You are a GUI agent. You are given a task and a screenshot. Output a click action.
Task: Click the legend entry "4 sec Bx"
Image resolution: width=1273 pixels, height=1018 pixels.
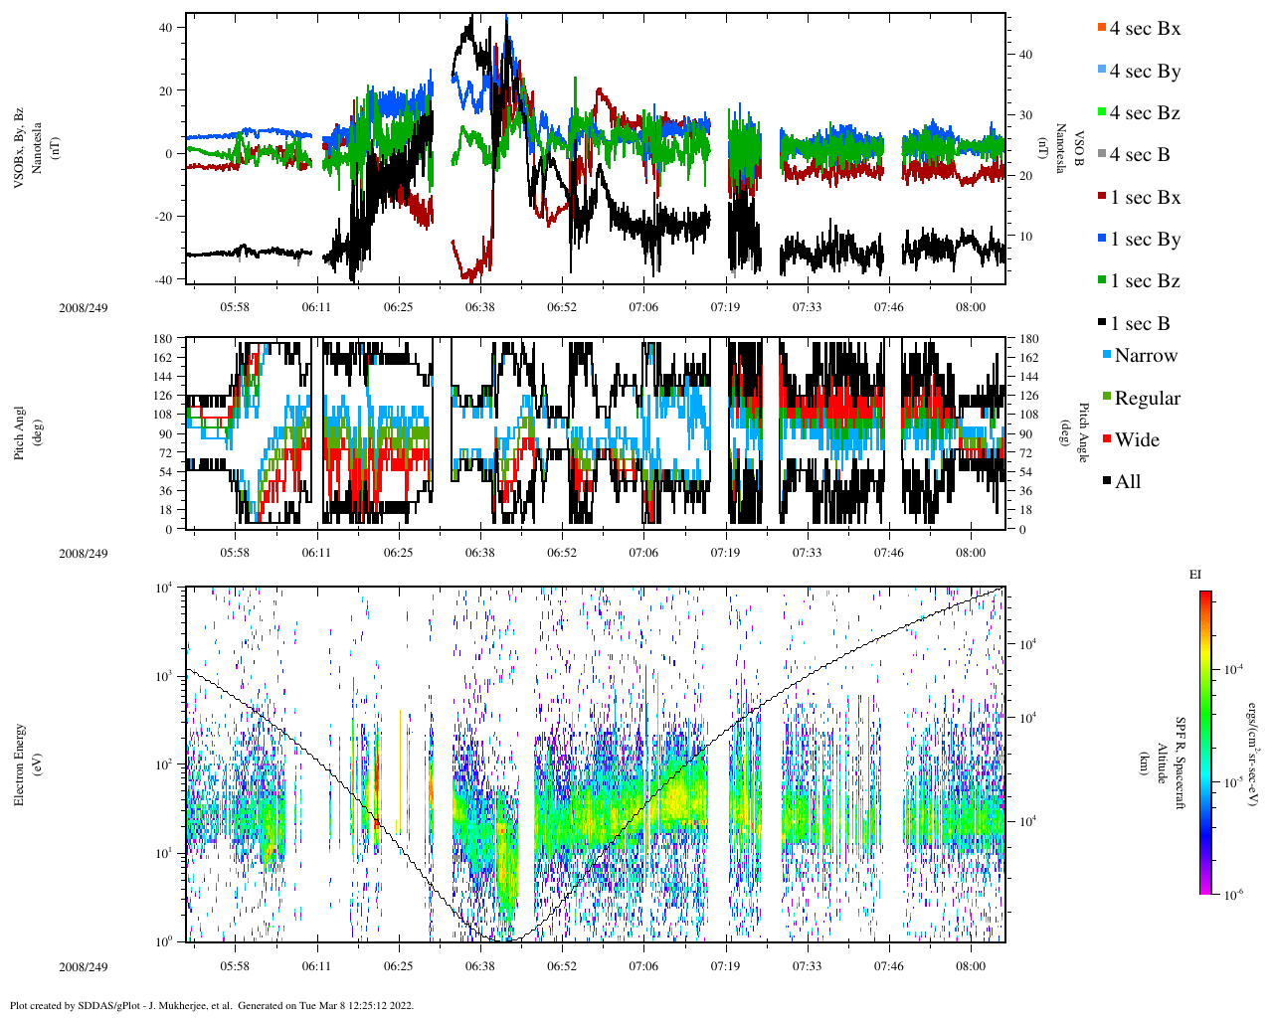coord(1144,29)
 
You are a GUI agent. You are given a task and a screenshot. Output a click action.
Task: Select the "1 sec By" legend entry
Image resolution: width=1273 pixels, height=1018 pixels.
coord(1144,240)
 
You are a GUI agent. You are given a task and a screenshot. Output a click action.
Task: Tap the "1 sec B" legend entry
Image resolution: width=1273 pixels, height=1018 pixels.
coord(1140,324)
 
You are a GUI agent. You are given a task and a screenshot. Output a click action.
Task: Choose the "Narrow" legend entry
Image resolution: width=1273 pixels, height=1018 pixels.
coord(1145,356)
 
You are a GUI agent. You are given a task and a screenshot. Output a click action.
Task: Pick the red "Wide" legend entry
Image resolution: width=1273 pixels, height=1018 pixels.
coord(1136,440)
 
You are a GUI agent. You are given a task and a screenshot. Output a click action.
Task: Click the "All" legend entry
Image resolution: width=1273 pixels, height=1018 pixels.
coord(1127,482)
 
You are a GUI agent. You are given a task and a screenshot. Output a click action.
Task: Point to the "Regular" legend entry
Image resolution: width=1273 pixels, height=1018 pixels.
coord(1147,399)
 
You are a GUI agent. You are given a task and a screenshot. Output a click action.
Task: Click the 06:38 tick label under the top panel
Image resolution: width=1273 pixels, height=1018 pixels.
coord(479,307)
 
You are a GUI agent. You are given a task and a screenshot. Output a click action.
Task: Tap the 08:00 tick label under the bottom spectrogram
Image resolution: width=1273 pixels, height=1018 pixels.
coord(971,965)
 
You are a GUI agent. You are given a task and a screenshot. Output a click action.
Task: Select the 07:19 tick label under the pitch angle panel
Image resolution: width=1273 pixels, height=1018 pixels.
coord(725,553)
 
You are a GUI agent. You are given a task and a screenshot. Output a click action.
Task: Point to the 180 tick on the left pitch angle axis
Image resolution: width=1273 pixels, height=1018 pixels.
coord(163,339)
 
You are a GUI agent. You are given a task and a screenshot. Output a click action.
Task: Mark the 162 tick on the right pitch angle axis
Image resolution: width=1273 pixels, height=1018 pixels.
coord(1028,358)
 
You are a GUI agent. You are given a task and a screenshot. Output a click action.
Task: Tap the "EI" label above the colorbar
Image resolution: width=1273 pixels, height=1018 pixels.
coord(1195,575)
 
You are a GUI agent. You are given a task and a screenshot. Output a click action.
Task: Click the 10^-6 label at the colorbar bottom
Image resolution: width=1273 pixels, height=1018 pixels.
coord(1231,895)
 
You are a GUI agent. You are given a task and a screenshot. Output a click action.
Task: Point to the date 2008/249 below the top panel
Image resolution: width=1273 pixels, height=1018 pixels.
coord(84,307)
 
